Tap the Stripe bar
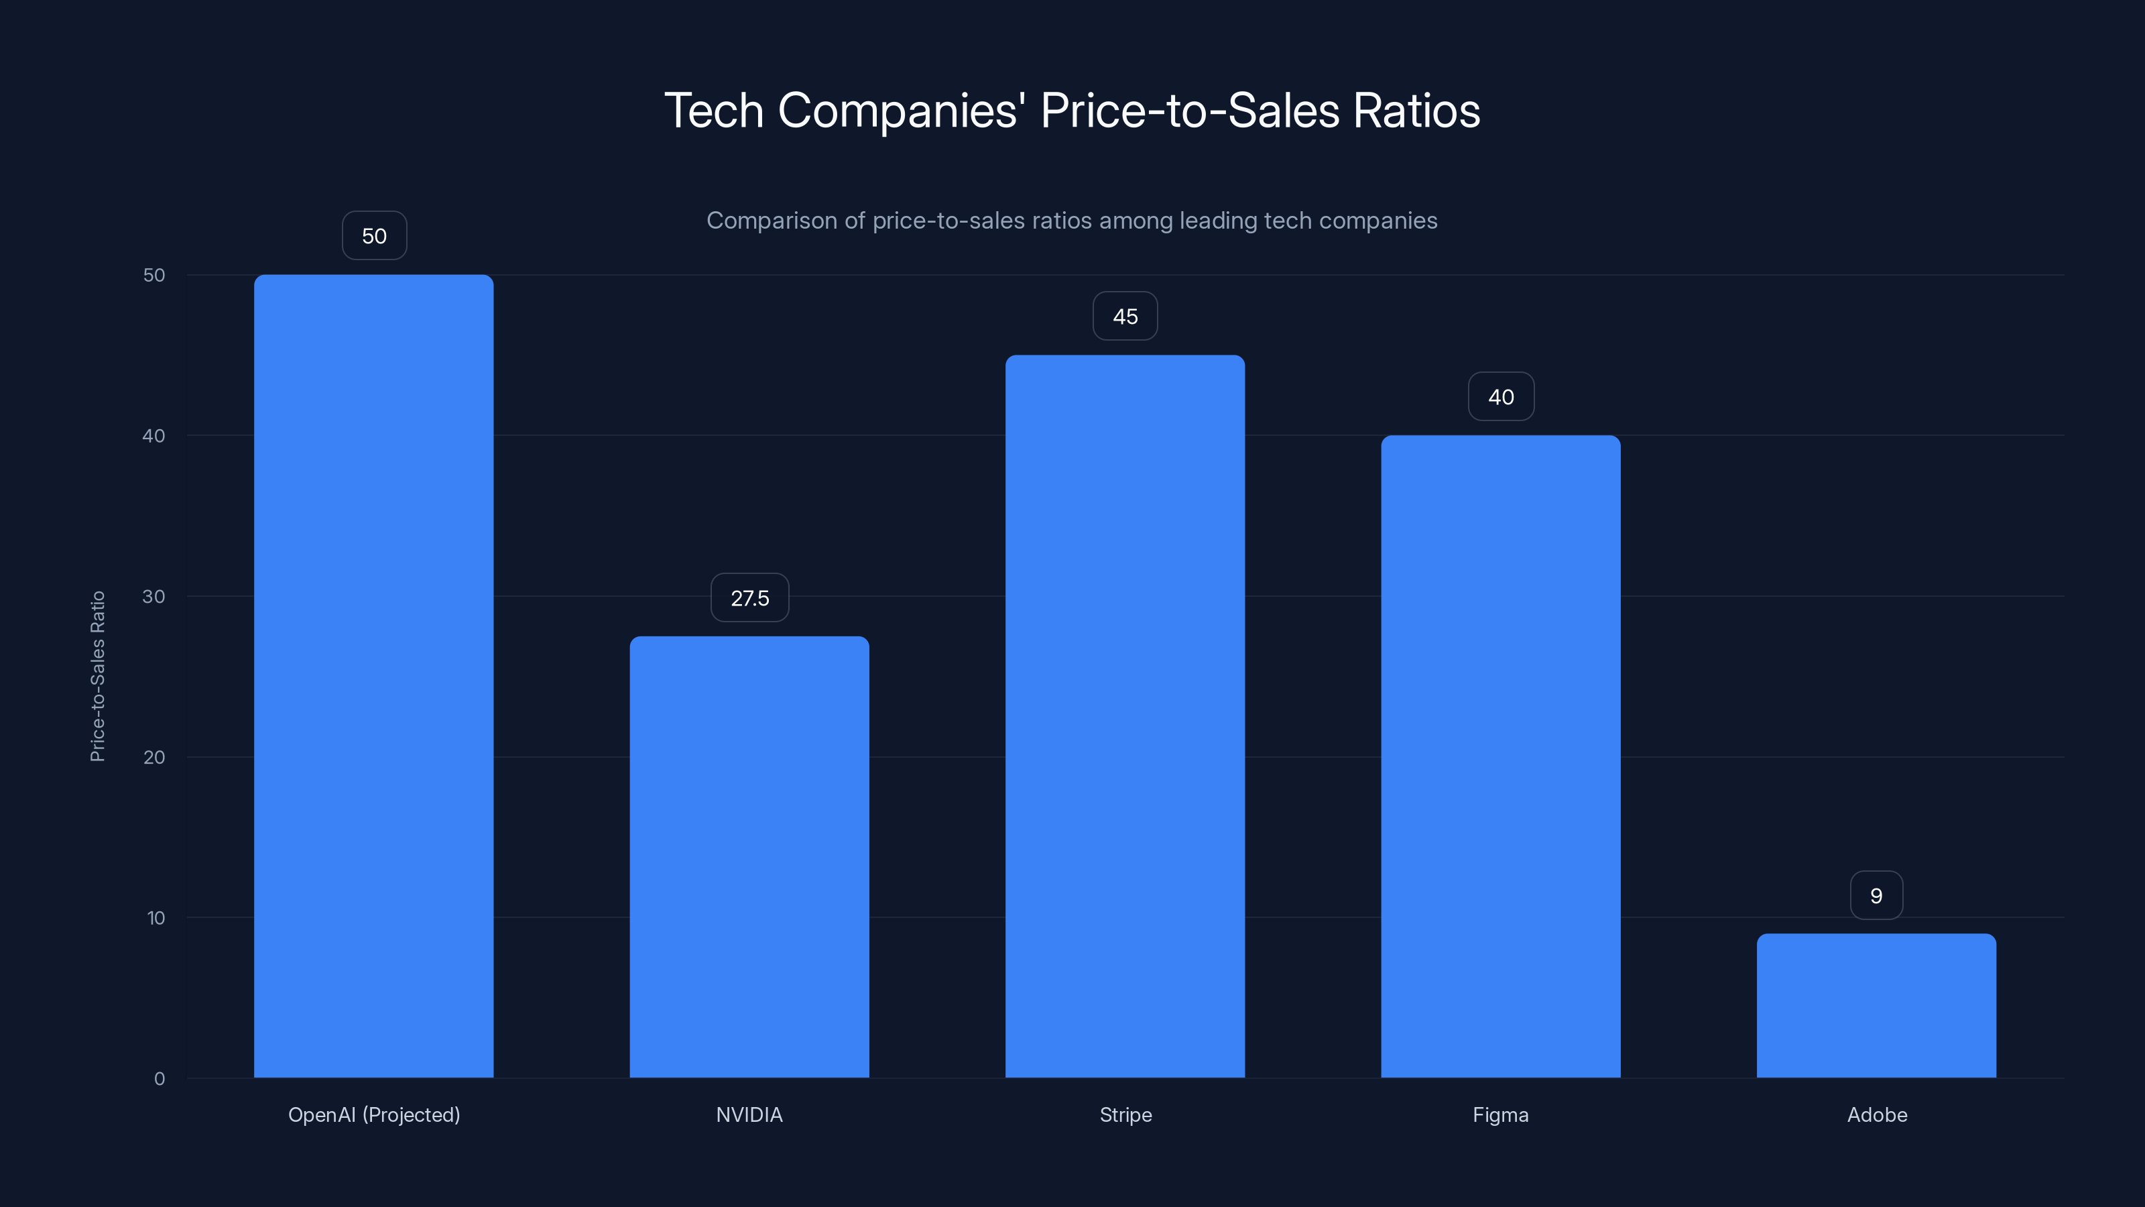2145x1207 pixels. tap(1124, 716)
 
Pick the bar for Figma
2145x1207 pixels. tap(1501, 756)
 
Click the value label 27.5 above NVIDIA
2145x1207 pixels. tap(749, 598)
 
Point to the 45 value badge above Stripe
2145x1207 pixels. tap(1125, 317)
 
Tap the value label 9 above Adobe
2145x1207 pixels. tap(1876, 895)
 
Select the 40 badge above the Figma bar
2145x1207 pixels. tap(1501, 398)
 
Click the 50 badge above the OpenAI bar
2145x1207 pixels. tap(374, 236)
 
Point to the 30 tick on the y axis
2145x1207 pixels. tap(154, 596)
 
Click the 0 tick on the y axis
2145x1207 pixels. tap(159, 1079)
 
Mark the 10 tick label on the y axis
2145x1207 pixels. tap(156, 918)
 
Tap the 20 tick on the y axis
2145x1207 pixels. tap(154, 757)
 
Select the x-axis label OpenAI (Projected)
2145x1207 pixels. tap(374, 1114)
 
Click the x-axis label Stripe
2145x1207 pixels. tap(1125, 1114)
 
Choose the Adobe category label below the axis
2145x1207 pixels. tap(1876, 1114)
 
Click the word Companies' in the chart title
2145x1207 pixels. tap(900, 111)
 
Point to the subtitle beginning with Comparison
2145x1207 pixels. tap(1072, 221)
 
